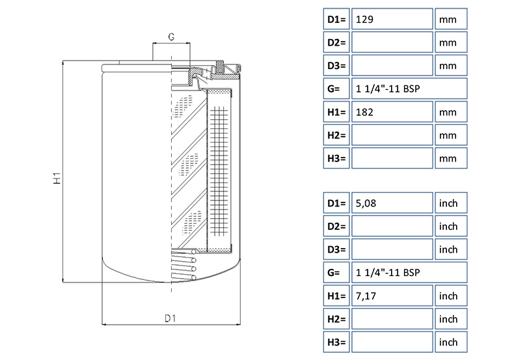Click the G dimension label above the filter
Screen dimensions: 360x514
[x=170, y=37]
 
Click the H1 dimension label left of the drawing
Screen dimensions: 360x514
[x=57, y=177]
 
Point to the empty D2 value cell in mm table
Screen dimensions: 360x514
[x=392, y=42]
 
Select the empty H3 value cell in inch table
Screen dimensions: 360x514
[x=392, y=342]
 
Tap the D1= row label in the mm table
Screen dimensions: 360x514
[x=336, y=20]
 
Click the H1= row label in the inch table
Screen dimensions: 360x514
[x=336, y=296]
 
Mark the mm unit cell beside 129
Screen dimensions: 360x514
[x=450, y=20]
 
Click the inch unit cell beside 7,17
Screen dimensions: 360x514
[x=450, y=296]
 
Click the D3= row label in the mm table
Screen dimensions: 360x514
[x=336, y=66]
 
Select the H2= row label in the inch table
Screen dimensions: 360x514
[x=336, y=319]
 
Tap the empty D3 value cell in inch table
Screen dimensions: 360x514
[x=392, y=249]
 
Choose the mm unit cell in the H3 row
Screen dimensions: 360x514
[x=450, y=158]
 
